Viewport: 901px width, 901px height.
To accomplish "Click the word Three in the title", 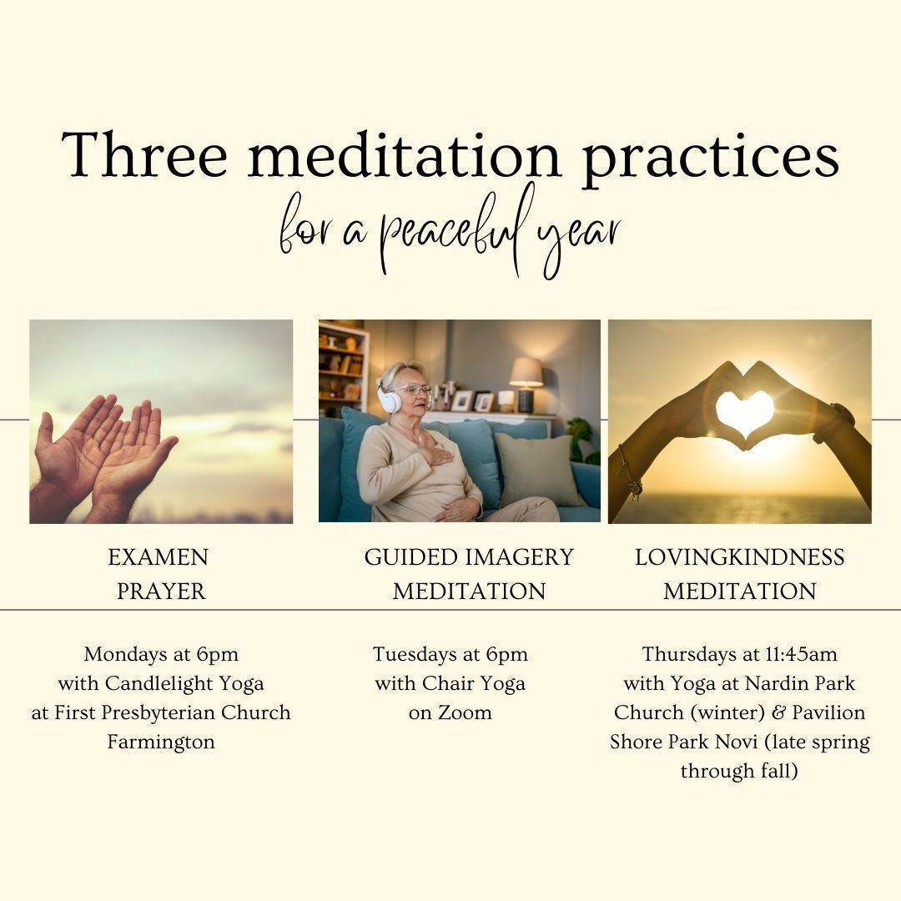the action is point(145,154).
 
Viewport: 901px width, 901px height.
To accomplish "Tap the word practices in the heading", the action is point(710,159).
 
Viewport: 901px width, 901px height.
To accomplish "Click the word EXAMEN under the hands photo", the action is point(158,557).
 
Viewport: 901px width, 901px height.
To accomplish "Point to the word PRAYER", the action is point(161,591).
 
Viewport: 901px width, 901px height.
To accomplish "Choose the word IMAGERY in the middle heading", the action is point(520,557).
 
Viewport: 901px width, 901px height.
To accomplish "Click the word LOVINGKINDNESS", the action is point(739,557).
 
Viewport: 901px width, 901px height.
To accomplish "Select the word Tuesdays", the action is point(415,655).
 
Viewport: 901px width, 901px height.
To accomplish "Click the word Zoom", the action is point(465,713).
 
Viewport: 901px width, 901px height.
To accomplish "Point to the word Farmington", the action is point(161,742).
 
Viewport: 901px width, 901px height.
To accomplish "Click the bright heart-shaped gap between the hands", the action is point(745,412).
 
